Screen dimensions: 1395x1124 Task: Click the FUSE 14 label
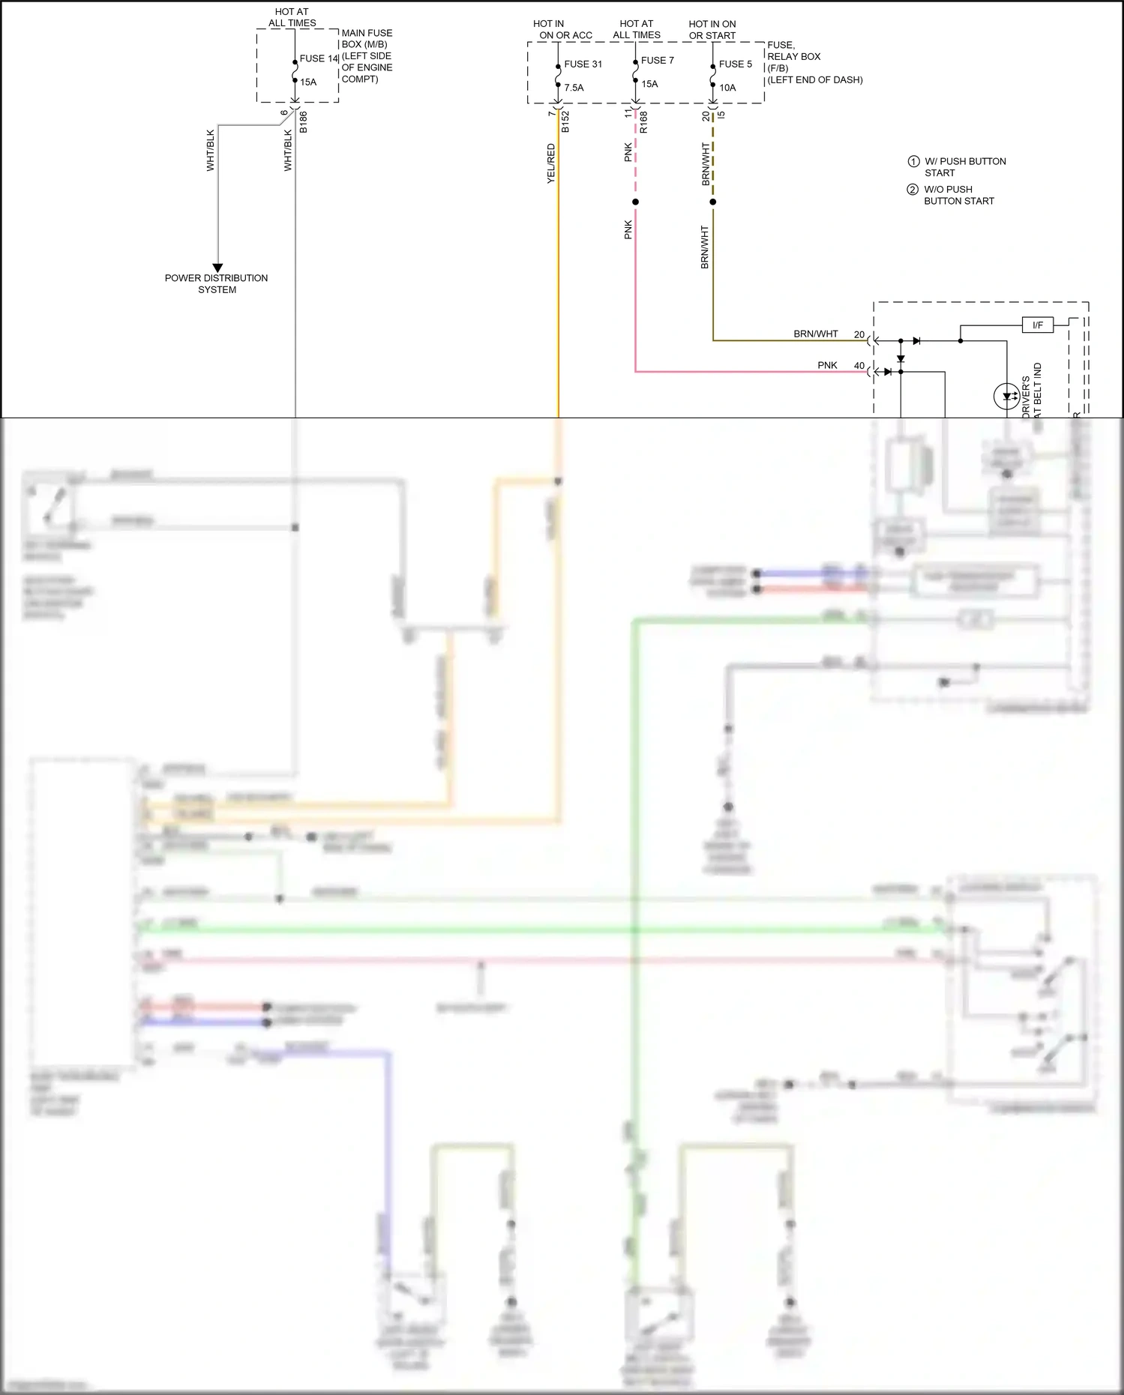(319, 58)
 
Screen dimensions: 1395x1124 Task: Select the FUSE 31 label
(583, 64)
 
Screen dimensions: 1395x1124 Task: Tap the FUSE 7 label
(657, 61)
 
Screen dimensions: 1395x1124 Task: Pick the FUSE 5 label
(735, 64)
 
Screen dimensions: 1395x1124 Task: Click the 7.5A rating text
(574, 88)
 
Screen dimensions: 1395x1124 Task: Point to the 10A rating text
(727, 88)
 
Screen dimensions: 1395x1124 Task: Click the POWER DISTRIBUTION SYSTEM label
(216, 283)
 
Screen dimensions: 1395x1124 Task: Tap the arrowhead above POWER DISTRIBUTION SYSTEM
(217, 268)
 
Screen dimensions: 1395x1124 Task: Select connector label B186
(303, 122)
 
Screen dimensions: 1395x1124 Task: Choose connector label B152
(565, 122)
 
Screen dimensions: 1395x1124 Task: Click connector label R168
(643, 122)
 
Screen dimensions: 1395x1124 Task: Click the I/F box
(1038, 325)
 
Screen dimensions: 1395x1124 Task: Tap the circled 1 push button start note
(913, 161)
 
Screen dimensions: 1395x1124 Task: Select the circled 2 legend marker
(913, 190)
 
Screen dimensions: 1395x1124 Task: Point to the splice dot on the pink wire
(635, 202)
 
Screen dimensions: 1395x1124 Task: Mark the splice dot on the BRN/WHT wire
(712, 202)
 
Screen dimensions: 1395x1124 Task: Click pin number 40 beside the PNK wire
(859, 366)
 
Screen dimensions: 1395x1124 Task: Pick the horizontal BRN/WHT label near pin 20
(816, 334)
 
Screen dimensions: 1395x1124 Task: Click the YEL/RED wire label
(551, 163)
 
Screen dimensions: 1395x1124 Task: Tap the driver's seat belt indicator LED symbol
(1006, 396)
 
